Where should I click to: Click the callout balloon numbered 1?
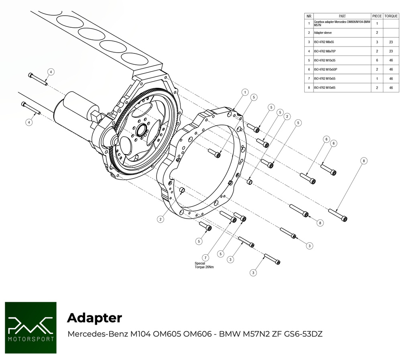click(x=244, y=92)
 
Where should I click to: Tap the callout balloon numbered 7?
click(x=205, y=257)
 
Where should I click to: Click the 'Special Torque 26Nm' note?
click(x=204, y=266)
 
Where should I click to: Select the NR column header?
click(x=309, y=16)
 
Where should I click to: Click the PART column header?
click(x=342, y=16)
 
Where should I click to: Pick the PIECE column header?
click(x=377, y=16)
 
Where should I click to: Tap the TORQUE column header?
click(x=391, y=16)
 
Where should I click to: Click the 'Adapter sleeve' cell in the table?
click(x=323, y=33)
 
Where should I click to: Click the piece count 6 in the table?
click(x=377, y=60)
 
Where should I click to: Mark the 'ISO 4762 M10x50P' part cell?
click(x=327, y=70)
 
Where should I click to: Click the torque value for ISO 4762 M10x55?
click(x=391, y=79)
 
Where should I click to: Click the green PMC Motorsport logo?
click(x=31, y=327)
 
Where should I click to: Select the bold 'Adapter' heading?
click(x=94, y=318)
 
